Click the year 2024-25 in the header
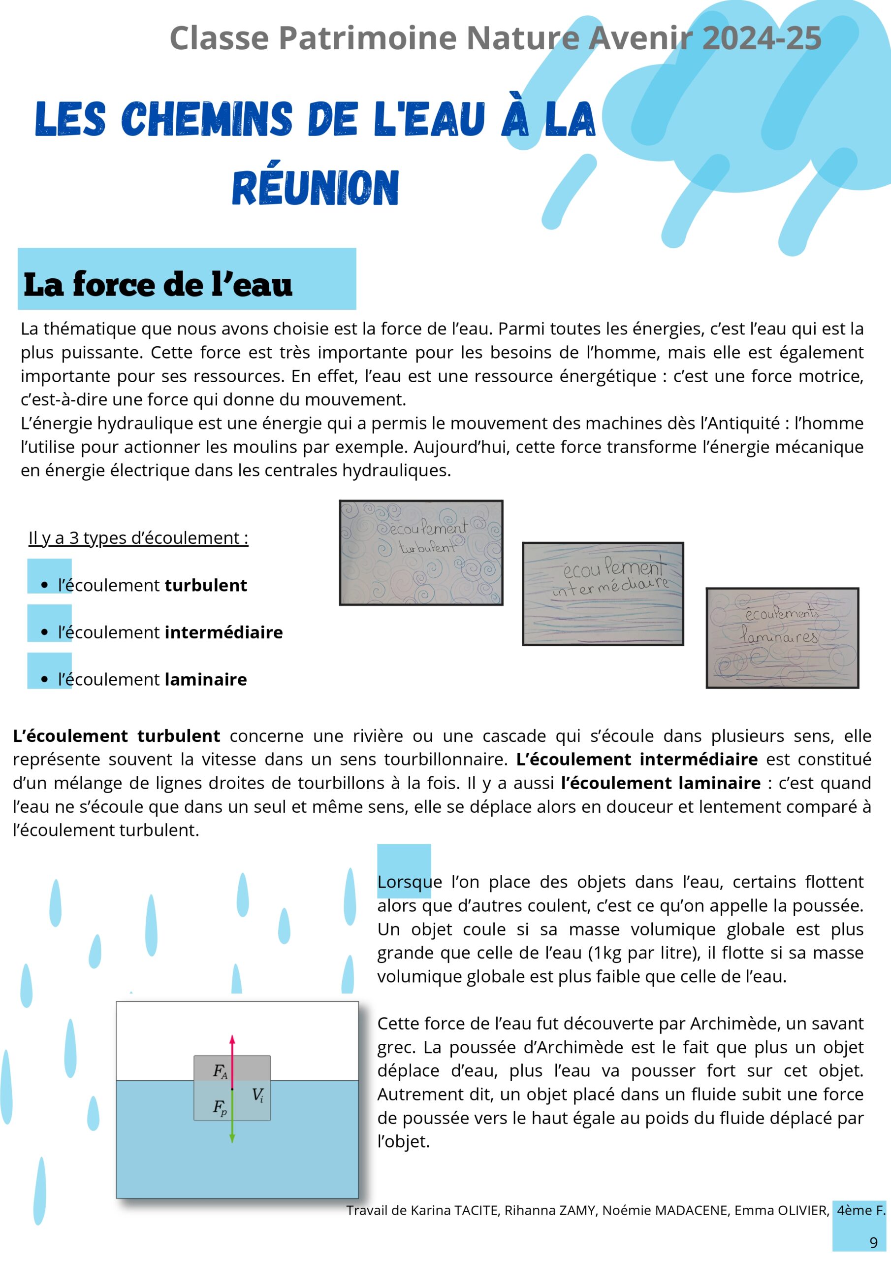coord(762,38)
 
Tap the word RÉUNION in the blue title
coord(315,188)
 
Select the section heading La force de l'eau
coord(158,285)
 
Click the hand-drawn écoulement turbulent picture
coord(421,553)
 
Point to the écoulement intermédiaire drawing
coord(603,594)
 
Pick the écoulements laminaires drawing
coord(782,637)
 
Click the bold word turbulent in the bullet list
coord(206,586)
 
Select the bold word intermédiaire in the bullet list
coord(223,632)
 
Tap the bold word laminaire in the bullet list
coord(206,680)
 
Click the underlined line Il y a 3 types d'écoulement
coord(138,538)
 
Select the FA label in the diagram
coord(220,1071)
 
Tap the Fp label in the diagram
coord(220,1108)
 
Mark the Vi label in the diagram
coord(257,1095)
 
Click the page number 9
coord(873,1242)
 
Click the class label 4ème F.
coord(861,1210)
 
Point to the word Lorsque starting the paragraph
coord(410,882)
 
